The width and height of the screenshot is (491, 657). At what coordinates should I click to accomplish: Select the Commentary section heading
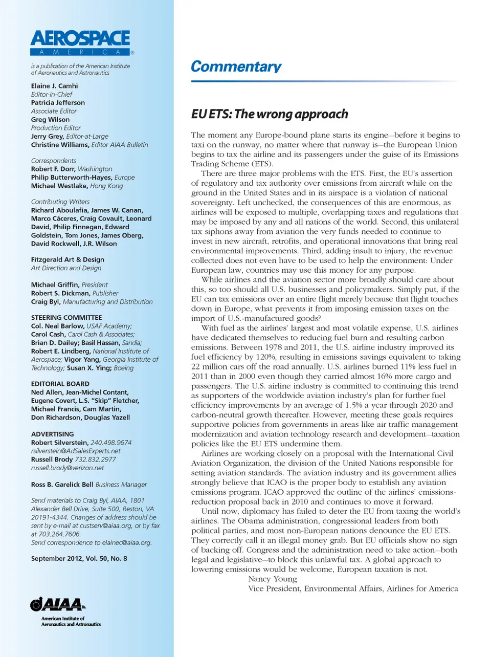(236, 67)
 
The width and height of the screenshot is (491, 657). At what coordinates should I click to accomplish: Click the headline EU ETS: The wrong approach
(270, 114)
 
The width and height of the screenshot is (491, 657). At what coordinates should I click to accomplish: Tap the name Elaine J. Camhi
(54, 86)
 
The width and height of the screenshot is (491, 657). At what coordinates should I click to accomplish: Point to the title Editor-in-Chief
(52, 94)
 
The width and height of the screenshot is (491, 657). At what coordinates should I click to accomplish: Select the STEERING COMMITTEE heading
(66, 318)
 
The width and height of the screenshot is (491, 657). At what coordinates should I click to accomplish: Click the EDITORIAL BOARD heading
(60, 384)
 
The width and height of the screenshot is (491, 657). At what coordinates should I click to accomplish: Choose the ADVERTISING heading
(52, 434)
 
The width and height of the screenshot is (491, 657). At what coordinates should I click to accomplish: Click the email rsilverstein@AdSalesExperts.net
(76, 451)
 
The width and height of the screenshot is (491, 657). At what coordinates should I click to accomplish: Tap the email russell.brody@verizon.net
(68, 468)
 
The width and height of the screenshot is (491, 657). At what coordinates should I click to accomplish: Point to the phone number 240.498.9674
(111, 443)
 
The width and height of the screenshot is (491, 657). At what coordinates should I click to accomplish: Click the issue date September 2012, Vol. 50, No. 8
(79, 559)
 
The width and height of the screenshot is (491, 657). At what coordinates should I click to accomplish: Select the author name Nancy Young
(272, 579)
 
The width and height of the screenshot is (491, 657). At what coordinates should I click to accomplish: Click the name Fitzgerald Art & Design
(68, 260)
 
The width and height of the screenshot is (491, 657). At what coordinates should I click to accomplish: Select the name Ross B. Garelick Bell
(62, 485)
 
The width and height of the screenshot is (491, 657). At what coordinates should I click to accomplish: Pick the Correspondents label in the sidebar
(53, 161)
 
